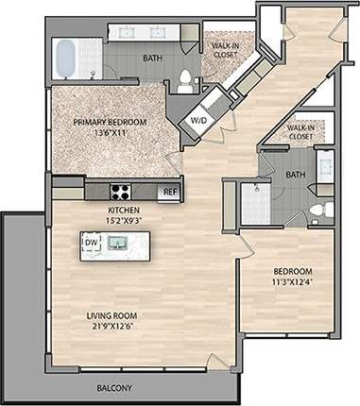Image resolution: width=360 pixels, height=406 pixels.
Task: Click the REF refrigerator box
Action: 169,192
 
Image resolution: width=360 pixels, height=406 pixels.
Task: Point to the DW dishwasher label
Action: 92,243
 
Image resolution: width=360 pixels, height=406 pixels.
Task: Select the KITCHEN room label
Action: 125,211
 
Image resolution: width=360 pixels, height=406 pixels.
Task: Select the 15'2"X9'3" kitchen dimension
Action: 125,221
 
